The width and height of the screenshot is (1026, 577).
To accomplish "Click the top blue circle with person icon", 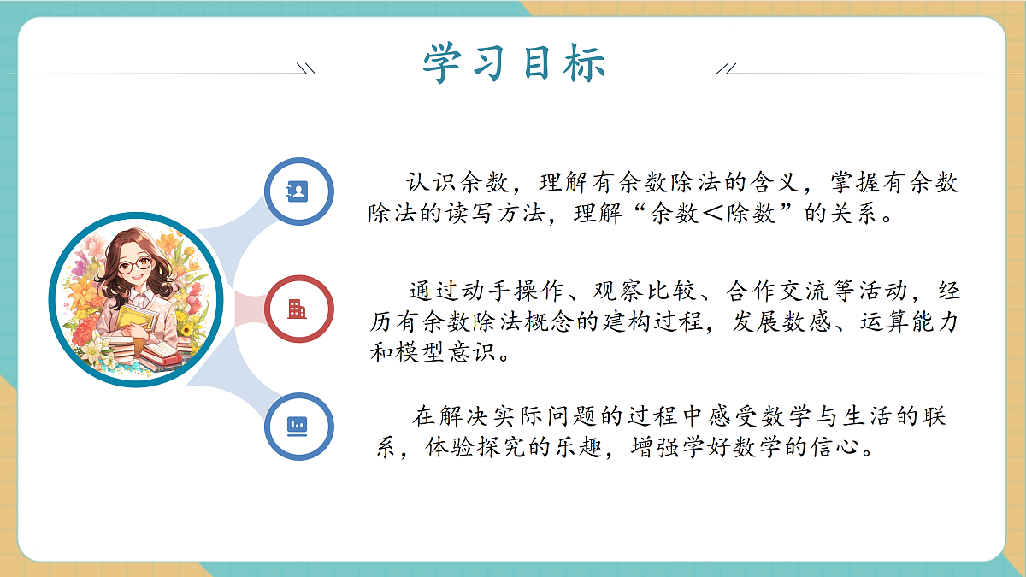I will (x=298, y=191).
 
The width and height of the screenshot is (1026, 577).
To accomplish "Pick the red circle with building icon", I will (x=298, y=309).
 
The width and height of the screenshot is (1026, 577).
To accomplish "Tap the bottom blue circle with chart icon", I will (x=298, y=425).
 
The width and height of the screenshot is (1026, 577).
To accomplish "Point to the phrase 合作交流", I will (x=777, y=292).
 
